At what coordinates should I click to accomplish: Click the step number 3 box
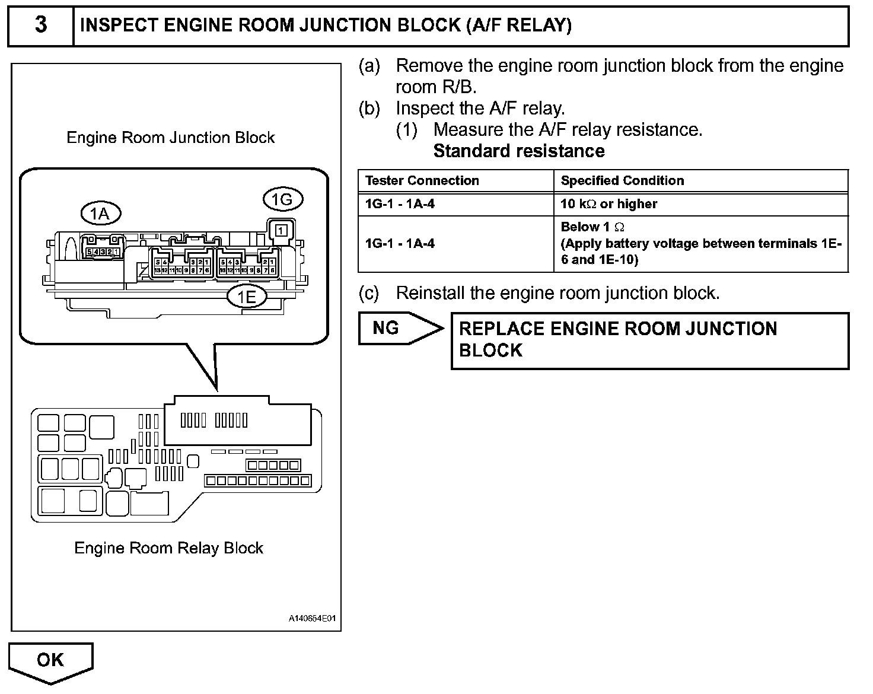point(40,26)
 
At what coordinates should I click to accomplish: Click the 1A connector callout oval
point(101,214)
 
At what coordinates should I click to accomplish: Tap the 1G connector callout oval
point(282,199)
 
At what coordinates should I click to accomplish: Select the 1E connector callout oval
point(247,297)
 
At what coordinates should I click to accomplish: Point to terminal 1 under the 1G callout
point(282,229)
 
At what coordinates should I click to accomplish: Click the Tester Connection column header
point(422,181)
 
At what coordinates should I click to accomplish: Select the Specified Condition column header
point(622,181)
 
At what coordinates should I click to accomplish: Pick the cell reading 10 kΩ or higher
point(609,204)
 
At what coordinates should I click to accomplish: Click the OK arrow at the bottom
point(51,660)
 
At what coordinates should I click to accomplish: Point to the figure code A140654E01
point(312,619)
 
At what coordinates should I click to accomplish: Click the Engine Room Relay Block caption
point(168,548)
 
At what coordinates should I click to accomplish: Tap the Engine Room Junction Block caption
point(170,138)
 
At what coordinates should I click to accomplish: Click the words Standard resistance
point(519,151)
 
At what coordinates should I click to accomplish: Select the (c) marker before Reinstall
point(369,293)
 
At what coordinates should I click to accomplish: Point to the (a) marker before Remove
point(369,66)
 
